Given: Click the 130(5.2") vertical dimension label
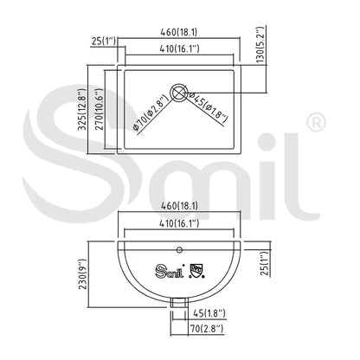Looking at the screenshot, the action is click(260, 45).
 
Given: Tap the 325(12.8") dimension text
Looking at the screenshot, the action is click(82, 109).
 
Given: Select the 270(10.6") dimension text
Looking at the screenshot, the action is click(99, 109).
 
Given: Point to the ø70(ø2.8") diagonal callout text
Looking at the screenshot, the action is click(150, 113).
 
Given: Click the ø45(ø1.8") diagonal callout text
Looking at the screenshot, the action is click(208, 107).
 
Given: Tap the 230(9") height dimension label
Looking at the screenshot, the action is click(83, 274).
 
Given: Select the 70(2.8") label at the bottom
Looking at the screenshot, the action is click(207, 328).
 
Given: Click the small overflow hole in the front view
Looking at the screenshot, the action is click(179, 249).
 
